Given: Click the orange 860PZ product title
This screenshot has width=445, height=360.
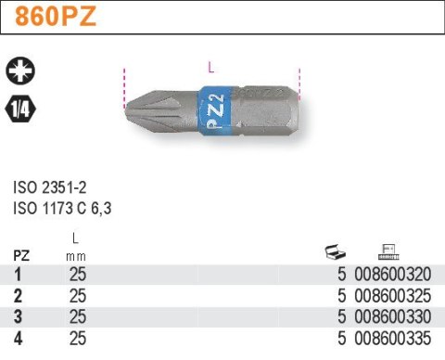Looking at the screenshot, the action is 56,17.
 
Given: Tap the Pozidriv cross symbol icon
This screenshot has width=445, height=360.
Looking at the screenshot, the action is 20,71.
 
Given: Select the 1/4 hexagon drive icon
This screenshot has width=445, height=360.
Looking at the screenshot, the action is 20,109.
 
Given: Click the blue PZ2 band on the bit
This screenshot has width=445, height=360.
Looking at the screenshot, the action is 215,111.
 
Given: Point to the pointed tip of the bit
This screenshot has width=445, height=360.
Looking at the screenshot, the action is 125,109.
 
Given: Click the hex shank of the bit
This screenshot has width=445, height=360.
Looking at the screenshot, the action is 266,110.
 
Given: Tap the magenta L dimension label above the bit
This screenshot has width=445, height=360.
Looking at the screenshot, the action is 211,67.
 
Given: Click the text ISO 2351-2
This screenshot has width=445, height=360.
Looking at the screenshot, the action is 50,187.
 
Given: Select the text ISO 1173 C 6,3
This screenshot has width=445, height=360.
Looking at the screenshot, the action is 62,208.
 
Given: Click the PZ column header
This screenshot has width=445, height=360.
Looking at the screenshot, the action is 21,256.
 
